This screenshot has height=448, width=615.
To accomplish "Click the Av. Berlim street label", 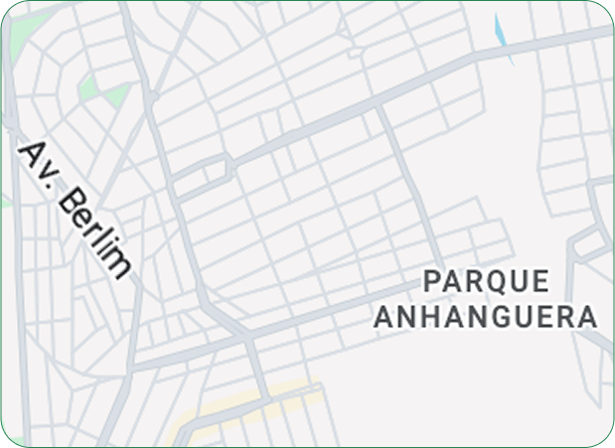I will (76, 209).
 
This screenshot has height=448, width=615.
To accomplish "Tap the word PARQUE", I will (486, 281).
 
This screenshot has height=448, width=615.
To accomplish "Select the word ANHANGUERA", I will (485, 317).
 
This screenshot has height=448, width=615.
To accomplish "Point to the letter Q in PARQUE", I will (496, 282).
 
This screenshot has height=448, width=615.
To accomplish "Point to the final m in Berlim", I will (118, 264).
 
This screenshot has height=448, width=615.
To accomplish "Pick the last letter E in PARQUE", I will (539, 281).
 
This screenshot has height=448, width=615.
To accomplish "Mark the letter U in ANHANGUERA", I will (525, 317).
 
